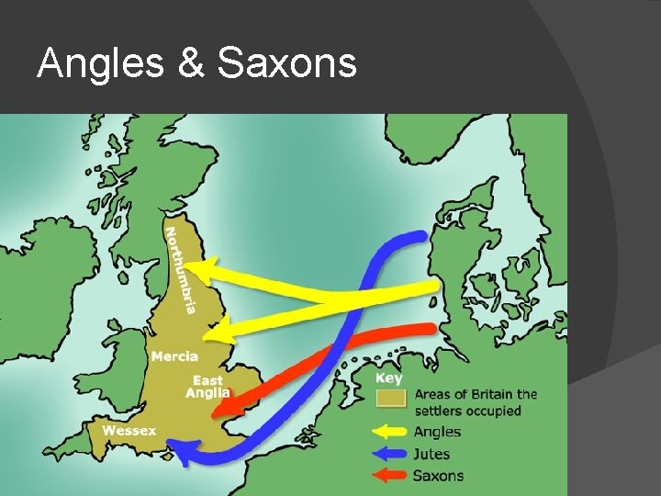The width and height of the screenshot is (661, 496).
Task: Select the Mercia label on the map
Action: click(174, 355)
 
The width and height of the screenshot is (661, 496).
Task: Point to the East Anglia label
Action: click(208, 387)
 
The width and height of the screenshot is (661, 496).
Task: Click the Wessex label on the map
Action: click(129, 430)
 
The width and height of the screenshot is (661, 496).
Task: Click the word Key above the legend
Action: click(389, 378)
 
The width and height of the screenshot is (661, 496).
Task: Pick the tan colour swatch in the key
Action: click(392, 398)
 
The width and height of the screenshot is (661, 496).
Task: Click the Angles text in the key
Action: click(438, 432)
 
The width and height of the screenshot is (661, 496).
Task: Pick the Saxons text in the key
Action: click(439, 475)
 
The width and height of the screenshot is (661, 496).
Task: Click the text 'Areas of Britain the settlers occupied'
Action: click(476, 402)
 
